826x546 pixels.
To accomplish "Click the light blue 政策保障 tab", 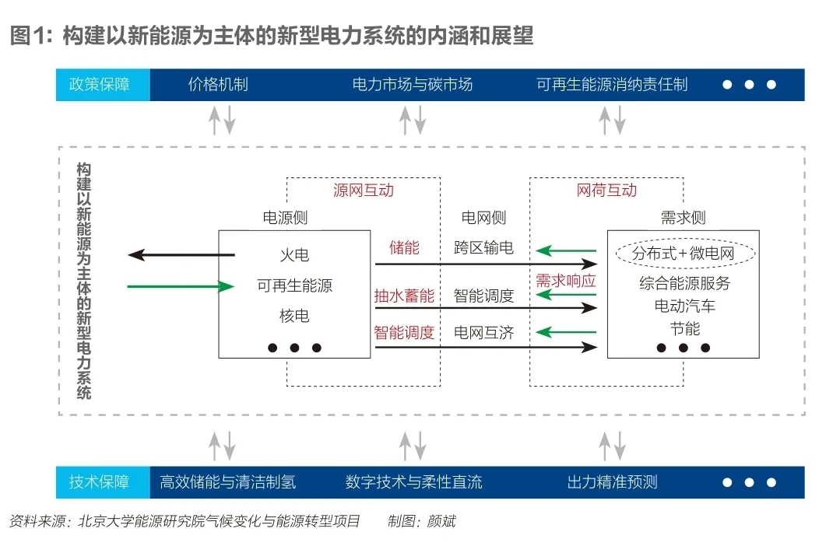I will tap(102, 85).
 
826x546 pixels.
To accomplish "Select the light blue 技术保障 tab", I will tap(102, 482).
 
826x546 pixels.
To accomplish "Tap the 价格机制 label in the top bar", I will tap(218, 85).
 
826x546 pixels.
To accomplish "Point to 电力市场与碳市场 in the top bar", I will tap(413, 85).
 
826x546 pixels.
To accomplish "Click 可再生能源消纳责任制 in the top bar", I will tap(612, 85).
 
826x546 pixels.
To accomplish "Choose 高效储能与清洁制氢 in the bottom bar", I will tap(227, 482).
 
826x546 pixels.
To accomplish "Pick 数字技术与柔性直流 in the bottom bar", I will tap(413, 482).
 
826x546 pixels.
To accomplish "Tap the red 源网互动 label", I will tap(363, 191).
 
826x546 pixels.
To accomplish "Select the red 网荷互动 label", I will tap(606, 191).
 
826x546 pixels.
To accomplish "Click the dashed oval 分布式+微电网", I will tap(683, 254).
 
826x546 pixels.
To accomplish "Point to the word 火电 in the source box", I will tap(294, 254).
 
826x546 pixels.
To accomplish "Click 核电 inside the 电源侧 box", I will tap(294, 316).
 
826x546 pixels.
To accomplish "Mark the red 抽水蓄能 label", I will tap(404, 296).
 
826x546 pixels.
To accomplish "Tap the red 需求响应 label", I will tap(565, 281).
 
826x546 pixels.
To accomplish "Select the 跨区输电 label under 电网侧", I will tap(483, 249).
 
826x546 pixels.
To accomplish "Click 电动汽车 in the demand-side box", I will tap(684, 306).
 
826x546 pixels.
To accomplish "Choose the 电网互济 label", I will tap(483, 333).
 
